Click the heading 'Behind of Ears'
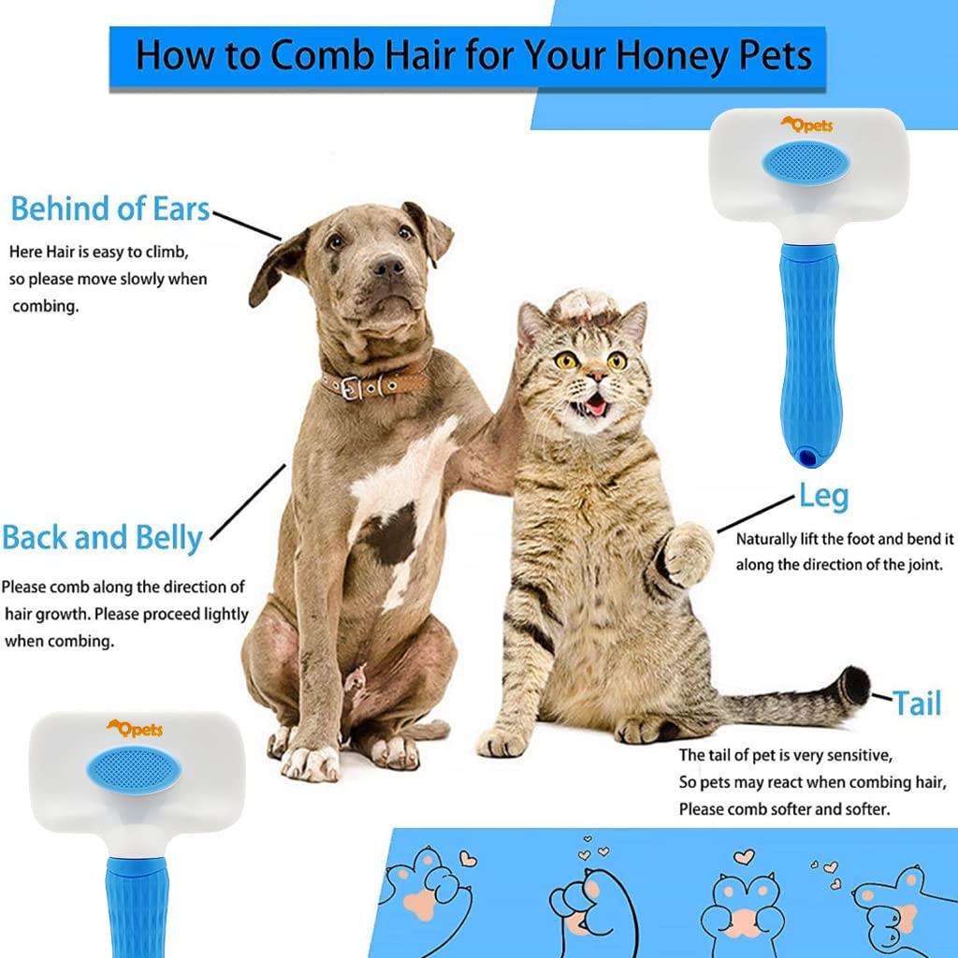110,208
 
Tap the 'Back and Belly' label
102,538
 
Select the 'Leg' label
822,496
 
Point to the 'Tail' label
916,703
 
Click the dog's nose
387,268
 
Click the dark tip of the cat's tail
853,687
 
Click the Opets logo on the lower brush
134,729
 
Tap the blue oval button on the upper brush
806,164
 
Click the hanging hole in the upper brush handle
806,457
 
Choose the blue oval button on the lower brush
133,771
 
